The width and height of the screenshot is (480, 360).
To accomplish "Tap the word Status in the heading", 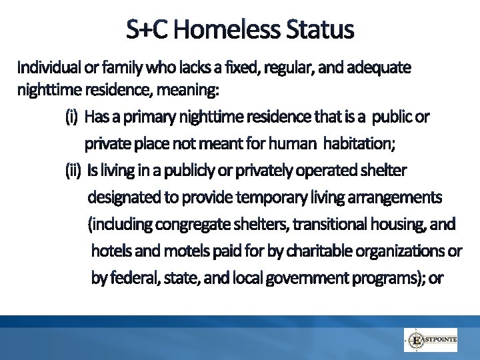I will [x=319, y=29].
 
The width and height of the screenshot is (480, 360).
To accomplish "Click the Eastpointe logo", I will [x=431, y=340].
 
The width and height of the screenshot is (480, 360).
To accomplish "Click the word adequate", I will [x=381, y=67].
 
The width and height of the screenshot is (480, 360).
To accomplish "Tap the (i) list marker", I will [x=72, y=117].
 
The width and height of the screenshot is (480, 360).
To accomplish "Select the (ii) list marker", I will [x=73, y=171].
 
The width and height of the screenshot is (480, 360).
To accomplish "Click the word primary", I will [x=149, y=117].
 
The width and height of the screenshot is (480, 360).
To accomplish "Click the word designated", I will [x=124, y=197].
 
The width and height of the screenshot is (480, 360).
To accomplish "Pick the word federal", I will [x=131, y=279].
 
